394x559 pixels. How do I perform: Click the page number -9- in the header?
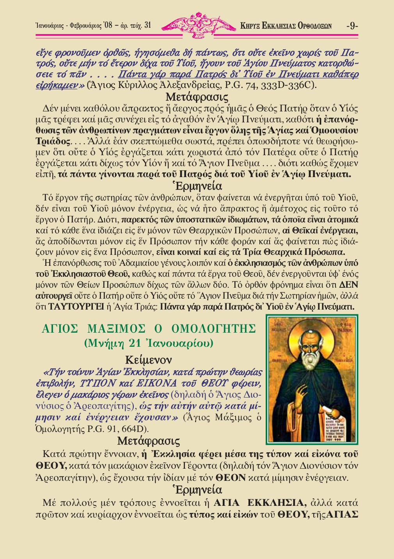(x=352, y=26)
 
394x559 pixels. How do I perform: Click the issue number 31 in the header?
(x=147, y=25)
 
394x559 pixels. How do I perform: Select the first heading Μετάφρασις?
(x=197, y=97)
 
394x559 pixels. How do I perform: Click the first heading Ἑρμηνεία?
(x=197, y=186)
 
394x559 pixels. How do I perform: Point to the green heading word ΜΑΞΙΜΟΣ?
(x=117, y=328)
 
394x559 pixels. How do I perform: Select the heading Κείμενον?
(x=148, y=359)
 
